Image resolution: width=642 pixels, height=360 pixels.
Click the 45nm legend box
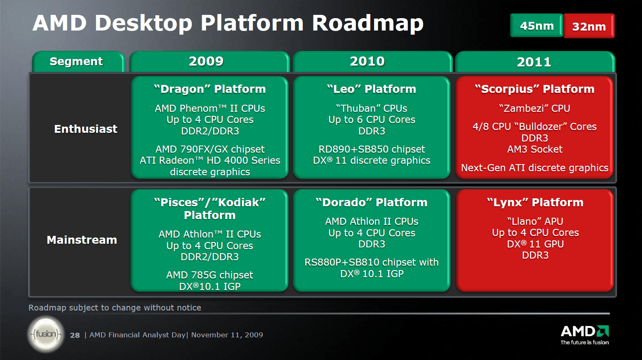536,26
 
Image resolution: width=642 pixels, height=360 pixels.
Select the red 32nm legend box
589,26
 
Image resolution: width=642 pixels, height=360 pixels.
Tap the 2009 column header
206,61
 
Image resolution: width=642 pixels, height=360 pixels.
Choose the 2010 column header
367,61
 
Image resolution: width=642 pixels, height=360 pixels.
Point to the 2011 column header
534,62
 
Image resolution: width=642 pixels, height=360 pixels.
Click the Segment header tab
76,61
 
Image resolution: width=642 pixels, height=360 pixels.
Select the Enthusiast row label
86,129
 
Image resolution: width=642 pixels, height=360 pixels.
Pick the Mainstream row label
82,240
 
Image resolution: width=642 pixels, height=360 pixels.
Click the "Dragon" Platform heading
209,89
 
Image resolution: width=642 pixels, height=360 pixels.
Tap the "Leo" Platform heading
372,89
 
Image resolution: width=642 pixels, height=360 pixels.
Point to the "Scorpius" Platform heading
534,89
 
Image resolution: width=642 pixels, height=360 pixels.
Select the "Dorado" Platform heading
372,202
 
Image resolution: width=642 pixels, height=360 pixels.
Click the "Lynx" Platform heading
535,202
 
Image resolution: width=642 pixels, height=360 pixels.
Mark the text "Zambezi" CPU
534,108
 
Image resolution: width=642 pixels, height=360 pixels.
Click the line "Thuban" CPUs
372,108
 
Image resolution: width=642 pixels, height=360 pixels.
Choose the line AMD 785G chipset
209,275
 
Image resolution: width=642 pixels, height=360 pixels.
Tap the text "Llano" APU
535,221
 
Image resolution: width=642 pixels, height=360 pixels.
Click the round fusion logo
46,334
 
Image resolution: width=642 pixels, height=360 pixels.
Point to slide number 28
75,335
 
